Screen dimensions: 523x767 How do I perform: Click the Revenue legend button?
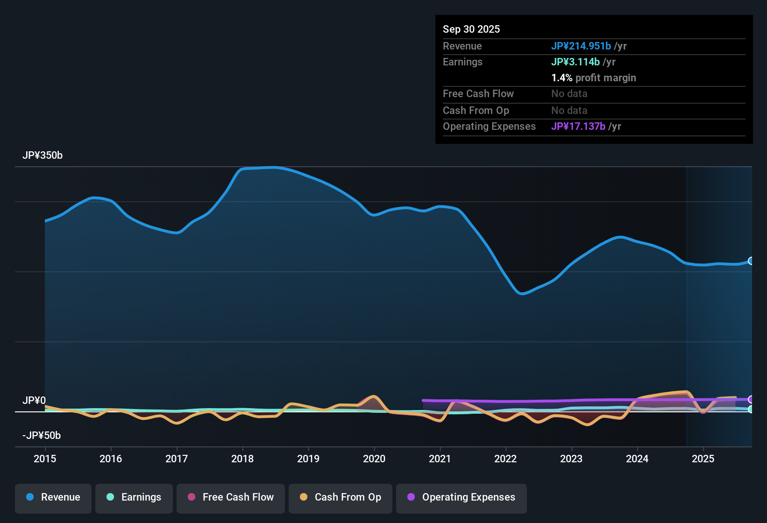(53, 497)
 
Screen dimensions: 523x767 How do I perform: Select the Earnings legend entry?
(134, 497)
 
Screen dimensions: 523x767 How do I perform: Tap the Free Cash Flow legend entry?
(231, 497)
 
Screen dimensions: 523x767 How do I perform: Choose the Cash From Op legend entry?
(341, 497)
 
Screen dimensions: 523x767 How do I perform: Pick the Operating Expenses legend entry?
(462, 497)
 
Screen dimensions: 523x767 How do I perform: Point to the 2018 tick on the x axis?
(242, 459)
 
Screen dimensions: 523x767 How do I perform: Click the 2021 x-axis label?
(440, 459)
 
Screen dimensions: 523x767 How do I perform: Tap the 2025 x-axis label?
(703, 459)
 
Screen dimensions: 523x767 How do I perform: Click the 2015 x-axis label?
(45, 459)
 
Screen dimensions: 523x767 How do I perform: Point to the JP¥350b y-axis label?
(43, 155)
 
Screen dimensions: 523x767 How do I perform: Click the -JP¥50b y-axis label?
(42, 436)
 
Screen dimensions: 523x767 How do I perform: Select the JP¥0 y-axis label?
(34, 401)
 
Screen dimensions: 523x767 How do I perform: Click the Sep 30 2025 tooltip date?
(471, 29)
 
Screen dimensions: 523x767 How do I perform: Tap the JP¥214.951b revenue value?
(581, 46)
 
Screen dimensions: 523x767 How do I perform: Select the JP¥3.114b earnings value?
(575, 62)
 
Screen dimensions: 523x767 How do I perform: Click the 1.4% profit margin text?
(593, 78)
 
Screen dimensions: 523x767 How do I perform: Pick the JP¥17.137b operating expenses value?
(578, 126)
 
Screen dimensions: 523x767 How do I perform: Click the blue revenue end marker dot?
(751, 261)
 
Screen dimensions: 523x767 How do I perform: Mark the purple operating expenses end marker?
(751, 399)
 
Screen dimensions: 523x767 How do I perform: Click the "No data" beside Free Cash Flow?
(569, 93)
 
